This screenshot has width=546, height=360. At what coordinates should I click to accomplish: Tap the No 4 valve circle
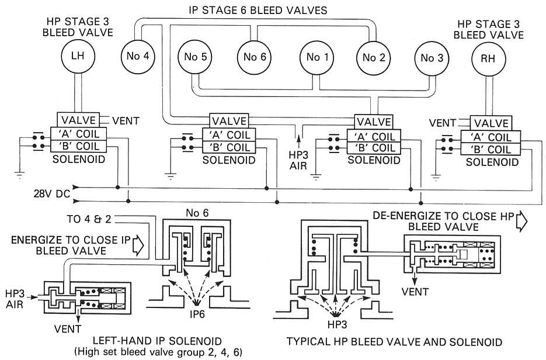tap(138, 57)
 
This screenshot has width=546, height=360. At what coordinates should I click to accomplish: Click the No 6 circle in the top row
tap(255, 57)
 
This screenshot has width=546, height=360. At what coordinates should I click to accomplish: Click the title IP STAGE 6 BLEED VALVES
tap(258, 10)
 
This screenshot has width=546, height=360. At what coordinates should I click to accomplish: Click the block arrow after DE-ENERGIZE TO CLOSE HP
tap(521, 219)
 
